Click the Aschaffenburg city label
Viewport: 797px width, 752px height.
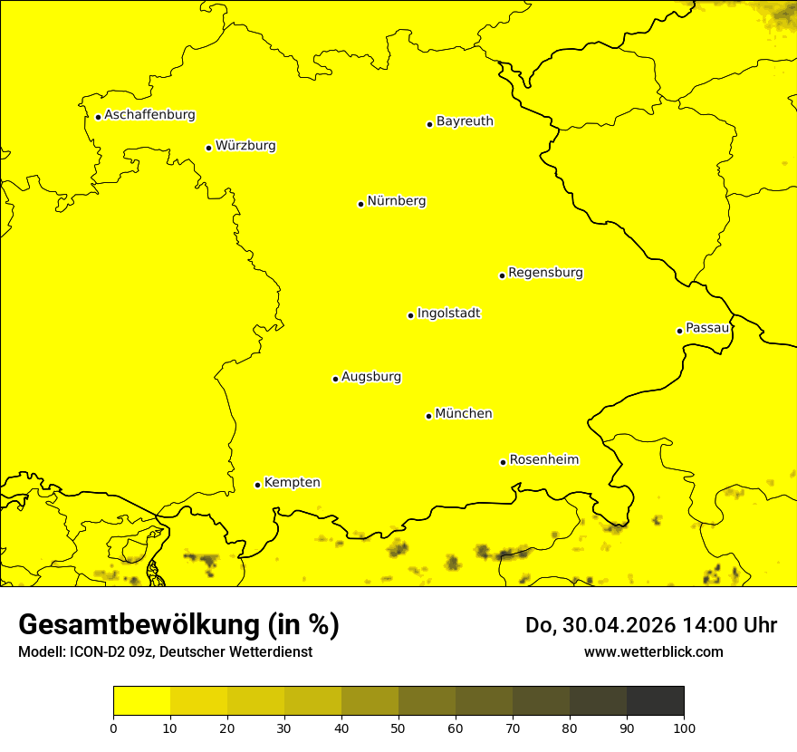(x=149, y=115)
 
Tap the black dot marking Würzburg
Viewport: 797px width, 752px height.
(x=208, y=148)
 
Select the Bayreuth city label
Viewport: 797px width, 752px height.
(x=465, y=121)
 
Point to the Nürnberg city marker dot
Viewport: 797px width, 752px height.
(x=360, y=204)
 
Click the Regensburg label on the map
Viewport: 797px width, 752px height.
(x=545, y=273)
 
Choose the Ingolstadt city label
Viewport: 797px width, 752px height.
(x=448, y=313)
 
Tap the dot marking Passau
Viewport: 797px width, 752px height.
(x=679, y=331)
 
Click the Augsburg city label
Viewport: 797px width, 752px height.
(x=371, y=377)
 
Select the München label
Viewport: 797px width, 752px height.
(x=464, y=414)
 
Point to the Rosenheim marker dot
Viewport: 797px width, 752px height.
(x=503, y=462)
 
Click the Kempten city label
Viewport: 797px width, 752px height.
(x=292, y=483)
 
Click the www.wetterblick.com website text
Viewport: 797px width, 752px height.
(x=653, y=651)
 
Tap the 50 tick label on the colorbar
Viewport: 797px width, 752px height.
(x=398, y=728)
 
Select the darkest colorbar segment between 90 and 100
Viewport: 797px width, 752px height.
(x=655, y=700)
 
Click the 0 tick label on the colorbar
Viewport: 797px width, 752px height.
(x=113, y=728)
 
